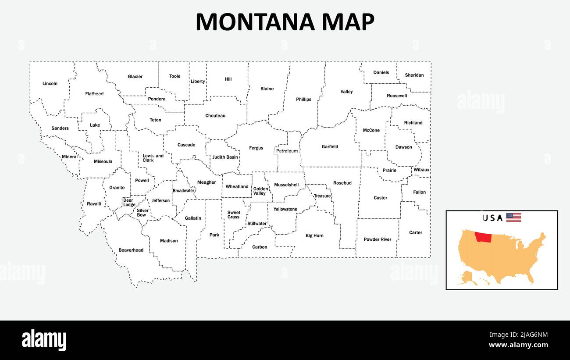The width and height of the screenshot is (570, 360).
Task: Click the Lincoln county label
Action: [x=50, y=84]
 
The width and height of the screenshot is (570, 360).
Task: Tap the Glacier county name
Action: [x=135, y=77]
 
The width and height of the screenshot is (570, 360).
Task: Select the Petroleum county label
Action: [x=287, y=151]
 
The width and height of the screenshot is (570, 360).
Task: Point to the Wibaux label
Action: [x=421, y=170]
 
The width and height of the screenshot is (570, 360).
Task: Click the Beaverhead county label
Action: [x=131, y=250]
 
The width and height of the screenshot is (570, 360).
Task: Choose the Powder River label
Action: [x=378, y=239]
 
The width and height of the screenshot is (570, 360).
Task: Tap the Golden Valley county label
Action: [x=260, y=191]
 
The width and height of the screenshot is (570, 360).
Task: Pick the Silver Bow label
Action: [x=142, y=213]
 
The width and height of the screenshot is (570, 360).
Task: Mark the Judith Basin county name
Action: [x=225, y=157]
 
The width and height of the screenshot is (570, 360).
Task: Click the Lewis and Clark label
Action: [x=153, y=158]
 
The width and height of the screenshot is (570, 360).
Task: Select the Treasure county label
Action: [x=322, y=196]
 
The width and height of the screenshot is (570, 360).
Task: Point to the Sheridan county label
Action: [x=414, y=75]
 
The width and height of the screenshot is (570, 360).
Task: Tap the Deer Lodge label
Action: [x=129, y=203]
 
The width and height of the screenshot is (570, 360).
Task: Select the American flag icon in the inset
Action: [x=513, y=217]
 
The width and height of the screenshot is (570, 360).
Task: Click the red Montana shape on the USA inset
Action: [x=483, y=237]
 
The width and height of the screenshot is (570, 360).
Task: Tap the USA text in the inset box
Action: [x=492, y=218]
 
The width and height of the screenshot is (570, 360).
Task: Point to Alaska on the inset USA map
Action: [x=467, y=278]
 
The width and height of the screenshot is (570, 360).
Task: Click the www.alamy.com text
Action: [x=518, y=345]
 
